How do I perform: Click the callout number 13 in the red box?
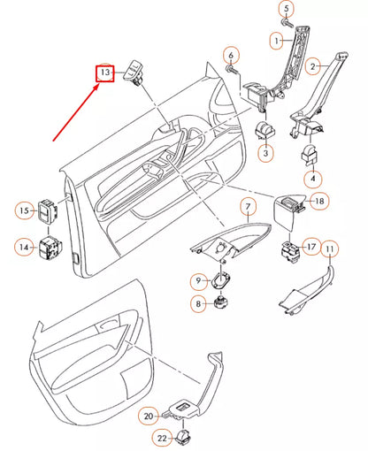(105, 71)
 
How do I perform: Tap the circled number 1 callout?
(277, 41)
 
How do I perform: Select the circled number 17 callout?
(311, 246)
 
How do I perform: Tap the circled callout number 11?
(328, 250)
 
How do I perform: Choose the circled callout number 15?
(24, 210)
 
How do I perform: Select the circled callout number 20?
(149, 415)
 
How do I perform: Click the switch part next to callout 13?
(136, 69)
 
